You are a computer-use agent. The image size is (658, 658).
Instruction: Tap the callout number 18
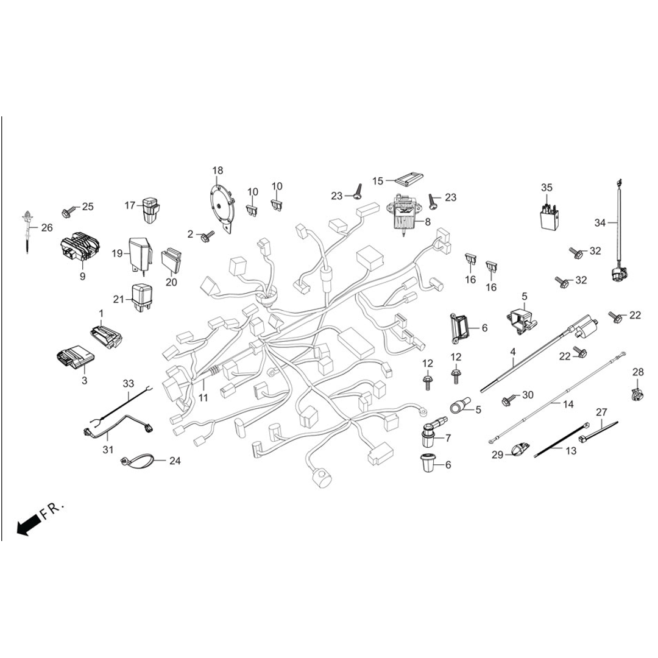click(x=218, y=170)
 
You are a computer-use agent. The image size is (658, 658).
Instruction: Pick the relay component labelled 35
click(x=548, y=216)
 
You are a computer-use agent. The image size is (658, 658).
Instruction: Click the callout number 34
click(x=600, y=223)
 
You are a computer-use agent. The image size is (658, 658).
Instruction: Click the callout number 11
click(x=203, y=398)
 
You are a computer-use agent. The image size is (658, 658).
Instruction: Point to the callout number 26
click(x=47, y=228)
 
